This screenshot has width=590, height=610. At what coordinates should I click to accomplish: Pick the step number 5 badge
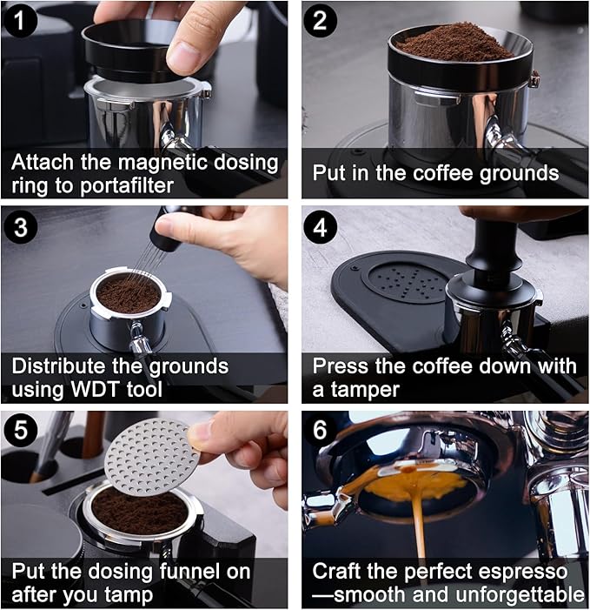[x=19, y=431]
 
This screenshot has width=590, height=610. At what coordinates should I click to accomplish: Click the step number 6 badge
[x=321, y=431]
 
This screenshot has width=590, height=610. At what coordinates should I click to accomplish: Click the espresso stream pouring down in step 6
[x=418, y=531]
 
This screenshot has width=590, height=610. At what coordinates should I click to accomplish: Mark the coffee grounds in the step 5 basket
[x=139, y=512]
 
